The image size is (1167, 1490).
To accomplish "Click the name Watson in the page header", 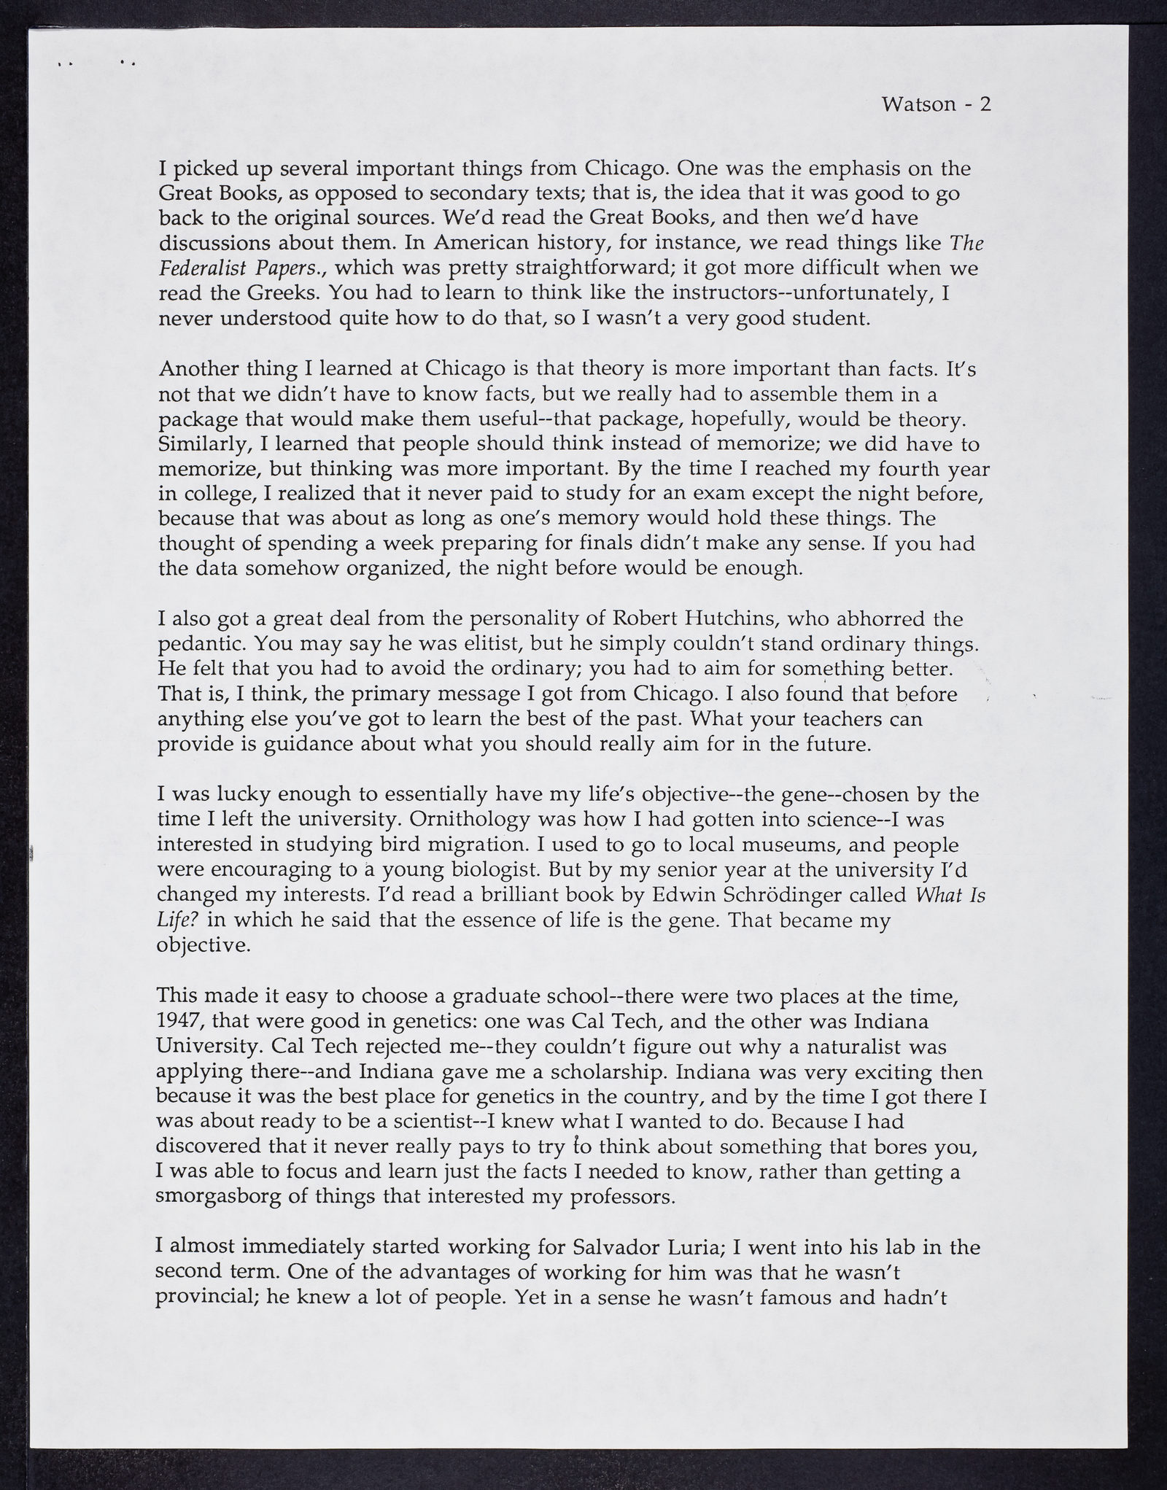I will (x=918, y=104).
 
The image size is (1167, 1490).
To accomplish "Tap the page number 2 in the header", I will (x=985, y=104).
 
